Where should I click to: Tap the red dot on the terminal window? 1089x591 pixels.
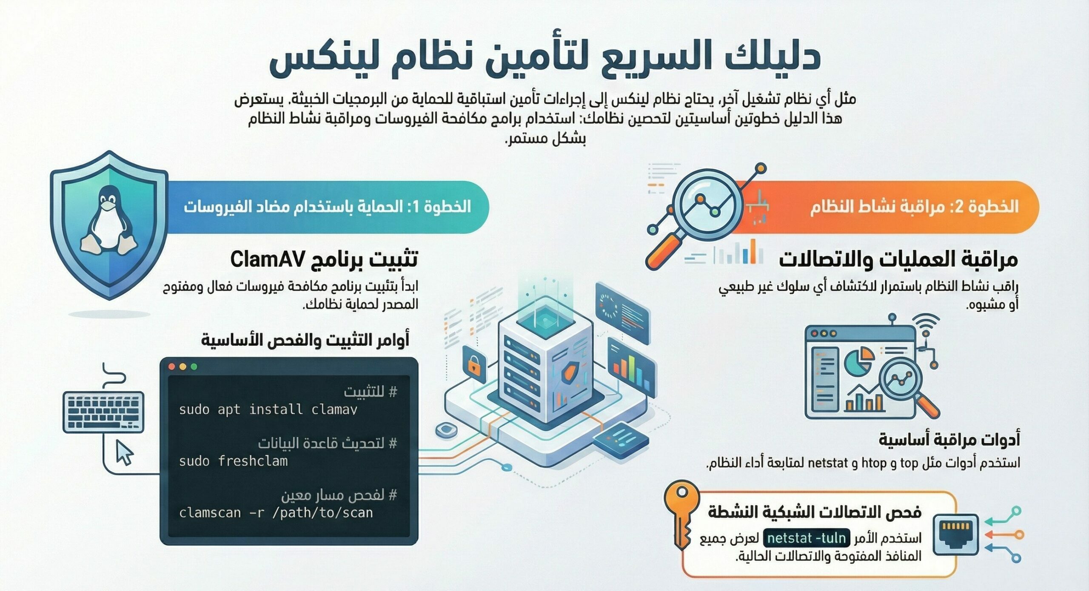[172, 367]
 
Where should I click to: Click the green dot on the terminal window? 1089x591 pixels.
[194, 367]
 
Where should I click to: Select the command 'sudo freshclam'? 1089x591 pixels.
[233, 461]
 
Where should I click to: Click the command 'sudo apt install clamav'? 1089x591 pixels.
[268, 409]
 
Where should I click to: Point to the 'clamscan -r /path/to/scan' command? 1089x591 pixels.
[276, 513]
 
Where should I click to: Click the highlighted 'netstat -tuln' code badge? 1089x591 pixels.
[807, 538]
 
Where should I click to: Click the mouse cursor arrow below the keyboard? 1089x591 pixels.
[125, 452]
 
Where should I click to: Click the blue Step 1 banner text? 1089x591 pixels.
[327, 207]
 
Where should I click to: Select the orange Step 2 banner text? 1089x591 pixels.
[914, 207]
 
